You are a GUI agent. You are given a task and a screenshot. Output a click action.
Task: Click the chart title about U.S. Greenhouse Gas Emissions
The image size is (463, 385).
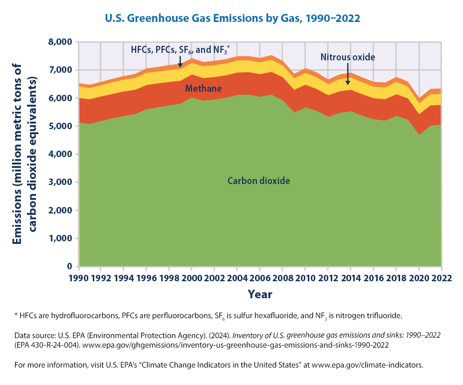pos(232,18)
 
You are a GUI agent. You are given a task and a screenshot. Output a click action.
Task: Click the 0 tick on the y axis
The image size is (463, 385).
pos(69,267)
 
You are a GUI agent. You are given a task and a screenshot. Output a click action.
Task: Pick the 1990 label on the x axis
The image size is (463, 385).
pos(79,277)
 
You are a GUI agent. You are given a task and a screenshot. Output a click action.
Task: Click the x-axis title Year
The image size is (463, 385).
pos(260,294)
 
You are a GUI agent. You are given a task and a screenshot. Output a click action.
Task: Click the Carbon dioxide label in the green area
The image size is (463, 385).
pos(258,181)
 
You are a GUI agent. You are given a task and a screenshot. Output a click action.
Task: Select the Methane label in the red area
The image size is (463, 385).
pos(203,89)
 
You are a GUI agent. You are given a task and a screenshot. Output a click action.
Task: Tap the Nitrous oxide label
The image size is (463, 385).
pos(348,57)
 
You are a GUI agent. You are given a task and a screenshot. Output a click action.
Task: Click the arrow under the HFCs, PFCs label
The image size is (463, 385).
pos(180,62)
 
